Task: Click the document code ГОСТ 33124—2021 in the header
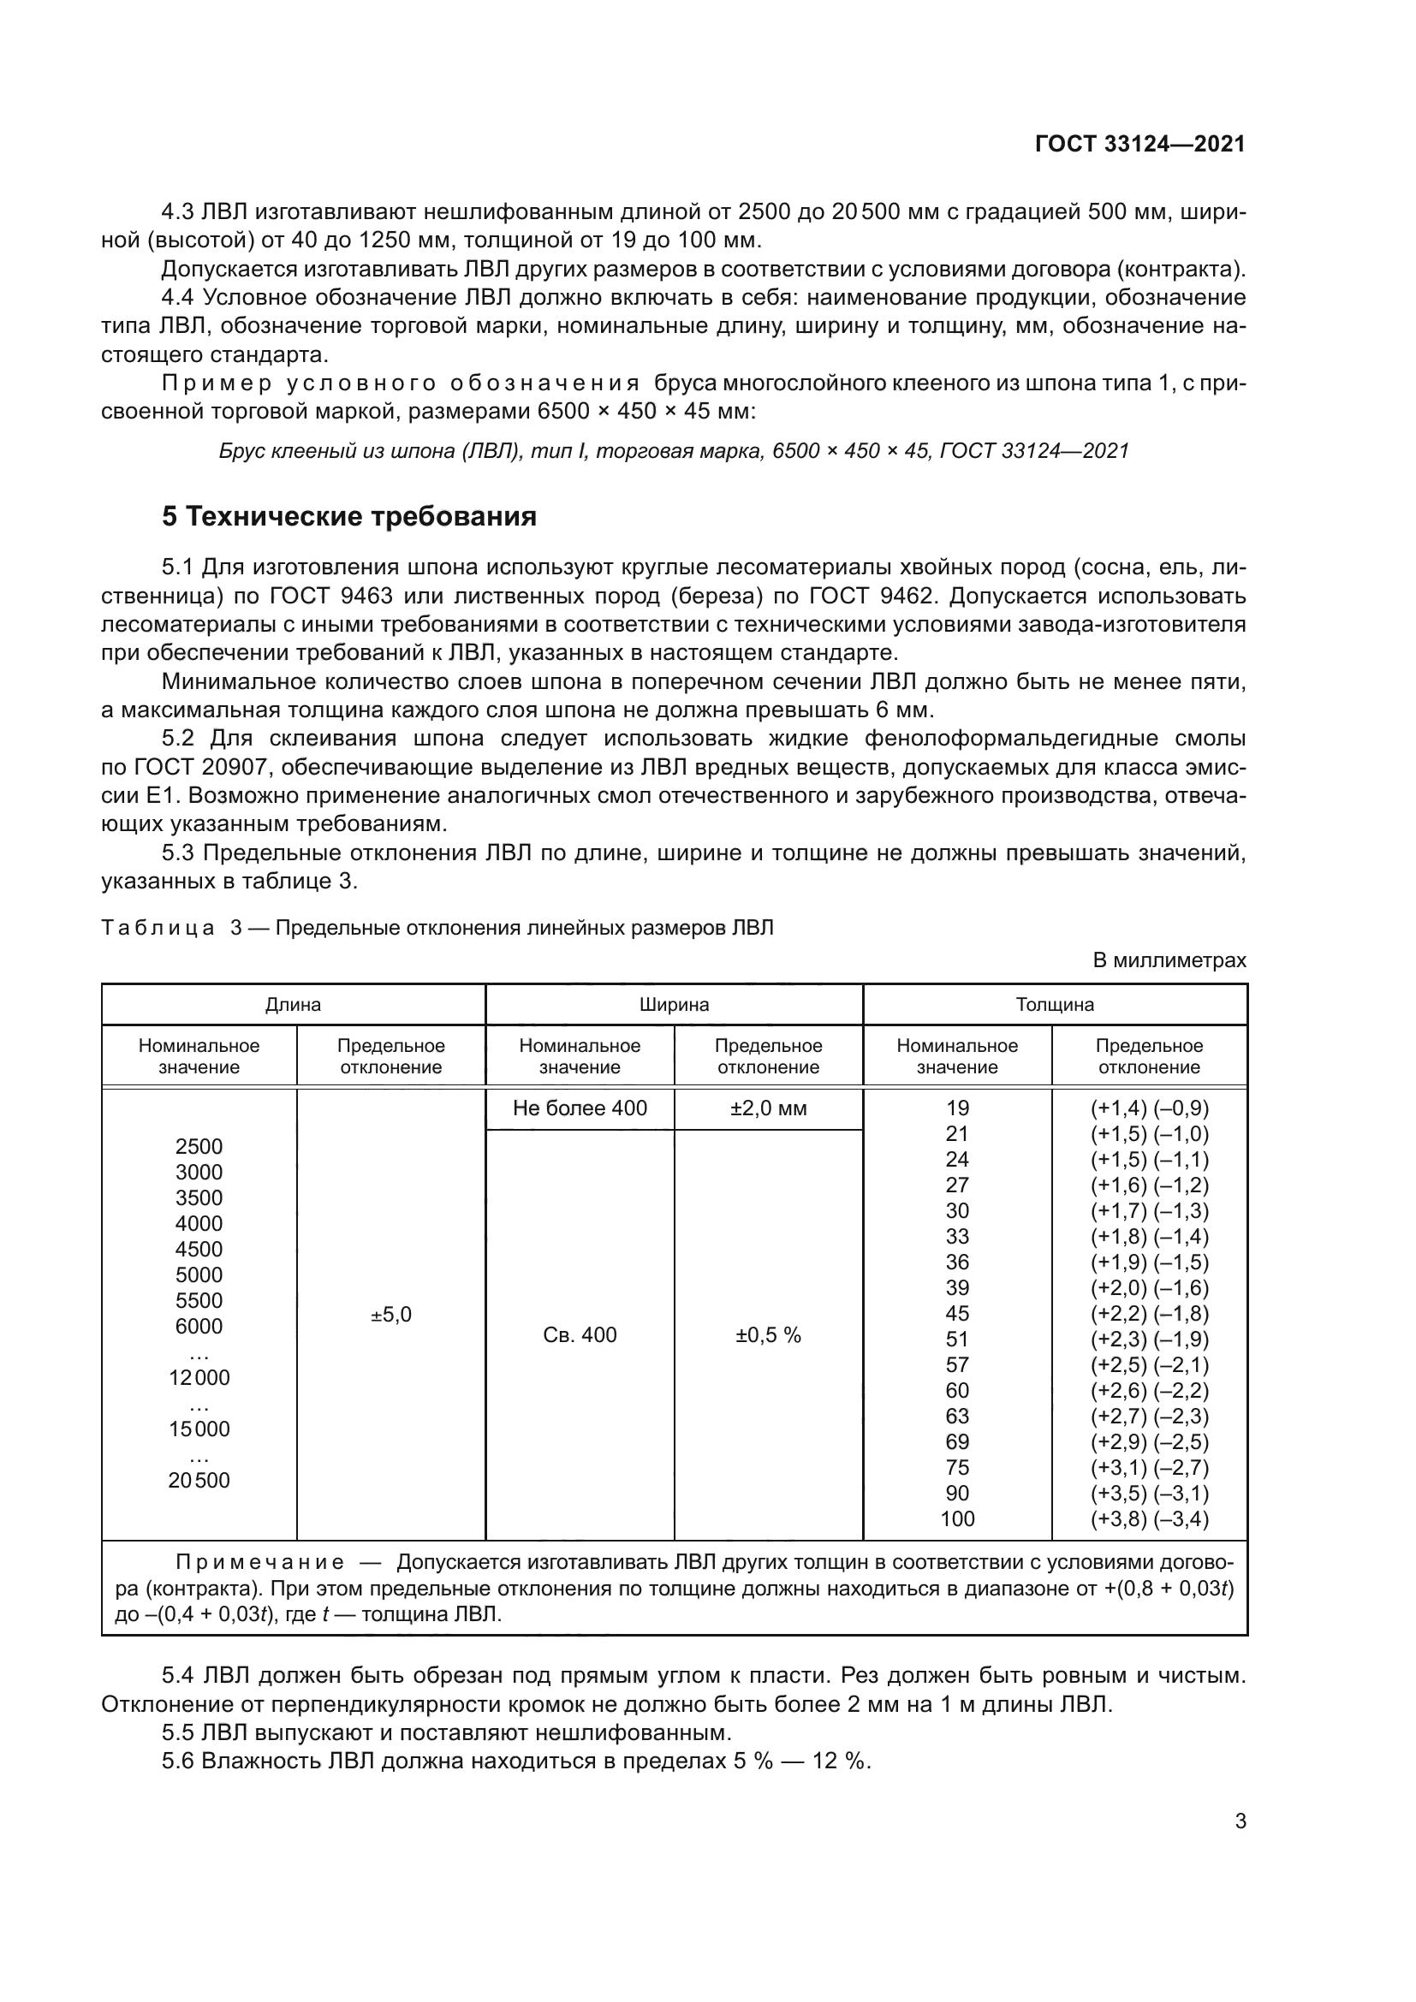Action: coord(1139,145)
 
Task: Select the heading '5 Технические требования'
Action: coord(348,517)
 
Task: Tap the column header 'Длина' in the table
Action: coord(293,1005)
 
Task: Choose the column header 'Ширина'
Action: coord(674,1005)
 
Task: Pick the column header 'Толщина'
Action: coord(1054,1005)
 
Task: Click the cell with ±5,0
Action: coord(390,1314)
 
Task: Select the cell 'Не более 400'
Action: coord(580,1108)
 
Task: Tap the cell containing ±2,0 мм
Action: coord(768,1108)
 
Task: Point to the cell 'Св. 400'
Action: coord(580,1334)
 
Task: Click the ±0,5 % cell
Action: coord(768,1334)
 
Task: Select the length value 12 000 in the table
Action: coord(199,1378)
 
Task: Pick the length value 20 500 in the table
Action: coord(199,1480)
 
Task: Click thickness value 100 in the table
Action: coord(957,1518)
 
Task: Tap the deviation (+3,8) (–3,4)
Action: coord(1149,1518)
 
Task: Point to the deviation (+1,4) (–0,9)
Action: coord(1149,1108)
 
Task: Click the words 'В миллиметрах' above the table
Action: coord(1169,960)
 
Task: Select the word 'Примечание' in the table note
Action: coord(260,1562)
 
